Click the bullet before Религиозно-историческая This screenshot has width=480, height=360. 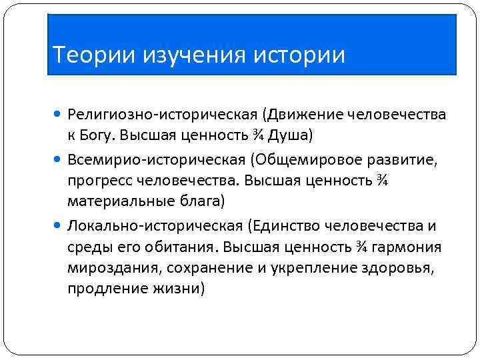pyautogui.click(x=59, y=116)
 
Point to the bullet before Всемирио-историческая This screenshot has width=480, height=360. pyautogui.click(x=59, y=160)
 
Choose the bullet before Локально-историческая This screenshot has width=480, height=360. pyautogui.click(x=59, y=225)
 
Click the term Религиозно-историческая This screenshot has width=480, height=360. pyautogui.click(x=146, y=116)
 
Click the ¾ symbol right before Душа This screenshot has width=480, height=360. pyautogui.click(x=256, y=137)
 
